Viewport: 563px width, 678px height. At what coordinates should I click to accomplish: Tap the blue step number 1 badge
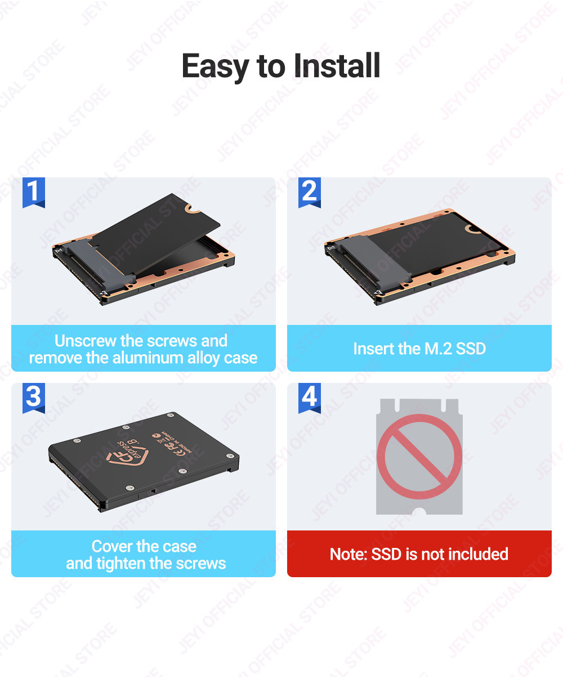point(33,192)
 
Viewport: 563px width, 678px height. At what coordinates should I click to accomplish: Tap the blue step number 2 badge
point(309,192)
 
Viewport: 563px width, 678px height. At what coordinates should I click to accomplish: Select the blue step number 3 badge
point(33,398)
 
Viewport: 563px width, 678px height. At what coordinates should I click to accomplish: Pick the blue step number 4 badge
point(309,398)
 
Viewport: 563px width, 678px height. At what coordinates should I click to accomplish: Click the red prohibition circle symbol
point(419,457)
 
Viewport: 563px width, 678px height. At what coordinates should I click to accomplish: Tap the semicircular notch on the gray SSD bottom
point(419,511)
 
